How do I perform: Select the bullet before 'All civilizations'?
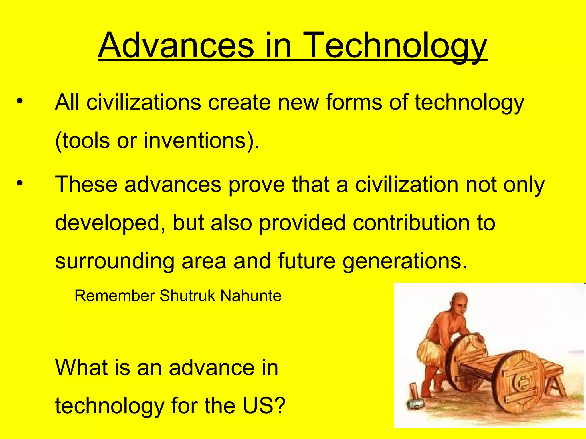click(x=19, y=101)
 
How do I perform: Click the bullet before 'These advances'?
click(x=19, y=183)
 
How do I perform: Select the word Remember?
click(x=114, y=296)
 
